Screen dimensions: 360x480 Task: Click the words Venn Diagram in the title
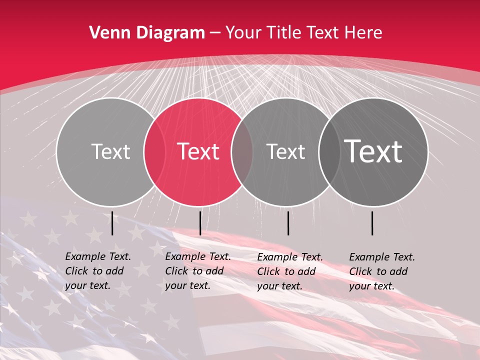(147, 33)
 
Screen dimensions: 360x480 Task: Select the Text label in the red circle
(198, 151)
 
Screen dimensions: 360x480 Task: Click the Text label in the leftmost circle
(110, 151)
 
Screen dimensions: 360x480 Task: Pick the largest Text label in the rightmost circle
(373, 151)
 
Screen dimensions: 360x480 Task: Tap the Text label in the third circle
(285, 151)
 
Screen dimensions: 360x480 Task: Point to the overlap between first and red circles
(154, 151)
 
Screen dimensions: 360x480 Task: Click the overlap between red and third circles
(242, 151)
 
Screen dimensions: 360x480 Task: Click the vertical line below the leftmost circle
(112, 223)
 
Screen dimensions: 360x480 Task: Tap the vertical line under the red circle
(200, 223)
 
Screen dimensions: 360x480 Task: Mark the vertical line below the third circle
(288, 223)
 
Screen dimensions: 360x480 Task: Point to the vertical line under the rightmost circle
(372, 223)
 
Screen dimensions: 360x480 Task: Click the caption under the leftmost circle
(98, 271)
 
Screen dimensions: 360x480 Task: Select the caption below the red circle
(198, 271)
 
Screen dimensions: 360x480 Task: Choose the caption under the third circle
(290, 271)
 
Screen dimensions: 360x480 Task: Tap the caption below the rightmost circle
(382, 271)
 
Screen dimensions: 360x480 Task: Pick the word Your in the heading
(243, 33)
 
